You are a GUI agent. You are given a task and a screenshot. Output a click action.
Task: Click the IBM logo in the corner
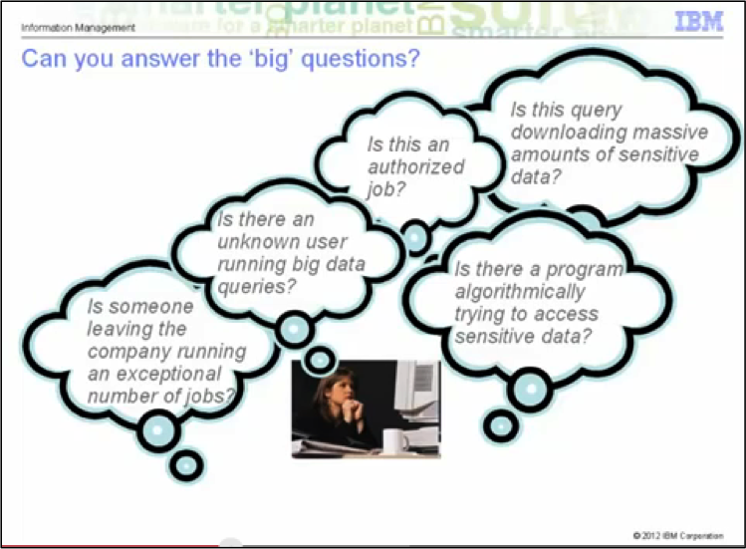(699, 22)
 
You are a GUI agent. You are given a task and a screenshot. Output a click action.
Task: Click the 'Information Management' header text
(78, 28)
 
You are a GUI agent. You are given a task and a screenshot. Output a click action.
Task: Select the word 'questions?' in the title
(361, 59)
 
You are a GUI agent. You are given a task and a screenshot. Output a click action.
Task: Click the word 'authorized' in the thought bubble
(415, 166)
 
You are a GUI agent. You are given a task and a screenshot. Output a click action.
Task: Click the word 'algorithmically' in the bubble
(520, 292)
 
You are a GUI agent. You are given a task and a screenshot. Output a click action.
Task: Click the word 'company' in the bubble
(129, 353)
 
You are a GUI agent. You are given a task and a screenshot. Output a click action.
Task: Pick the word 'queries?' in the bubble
(256, 287)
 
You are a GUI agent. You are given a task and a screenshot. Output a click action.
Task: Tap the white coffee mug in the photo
(395, 441)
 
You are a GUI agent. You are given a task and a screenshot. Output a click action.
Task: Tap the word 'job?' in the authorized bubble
(385, 189)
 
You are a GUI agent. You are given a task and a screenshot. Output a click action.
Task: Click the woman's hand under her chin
(353, 410)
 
